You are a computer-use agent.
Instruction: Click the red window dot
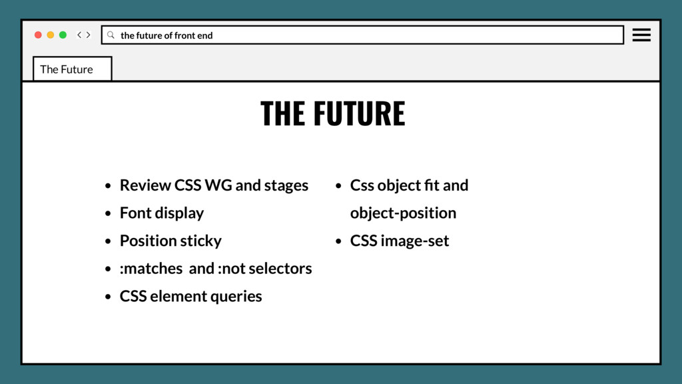[38, 35]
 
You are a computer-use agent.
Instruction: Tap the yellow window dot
[51, 35]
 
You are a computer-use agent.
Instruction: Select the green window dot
[63, 35]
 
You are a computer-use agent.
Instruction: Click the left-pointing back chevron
[79, 35]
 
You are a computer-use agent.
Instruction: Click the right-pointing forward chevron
[89, 35]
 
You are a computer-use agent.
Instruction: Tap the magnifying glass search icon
[111, 35]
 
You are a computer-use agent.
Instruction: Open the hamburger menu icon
[641, 35]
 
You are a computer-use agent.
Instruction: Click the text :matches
[151, 269]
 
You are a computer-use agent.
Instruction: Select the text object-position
[403, 213]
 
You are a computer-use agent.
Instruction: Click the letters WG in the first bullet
[218, 185]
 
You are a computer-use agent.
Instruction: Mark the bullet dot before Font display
[108, 214]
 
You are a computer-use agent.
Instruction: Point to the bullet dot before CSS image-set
[338, 241]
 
